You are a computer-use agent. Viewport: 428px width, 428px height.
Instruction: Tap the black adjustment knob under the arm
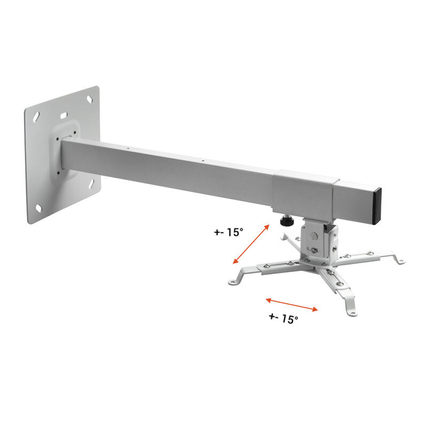pos(287,221)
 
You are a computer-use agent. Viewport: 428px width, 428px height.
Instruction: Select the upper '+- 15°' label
pos(228,232)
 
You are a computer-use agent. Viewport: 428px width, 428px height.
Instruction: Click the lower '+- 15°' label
pos(284,318)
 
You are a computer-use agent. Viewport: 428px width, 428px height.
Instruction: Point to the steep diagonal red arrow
pos(251,244)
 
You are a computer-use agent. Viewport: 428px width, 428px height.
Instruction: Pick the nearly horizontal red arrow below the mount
pos(292,304)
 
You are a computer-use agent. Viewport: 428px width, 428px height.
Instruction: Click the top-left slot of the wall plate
pos(36,117)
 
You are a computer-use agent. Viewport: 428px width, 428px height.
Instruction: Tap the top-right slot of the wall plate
pos(90,99)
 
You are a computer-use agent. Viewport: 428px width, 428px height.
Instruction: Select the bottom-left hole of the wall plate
pos(39,208)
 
